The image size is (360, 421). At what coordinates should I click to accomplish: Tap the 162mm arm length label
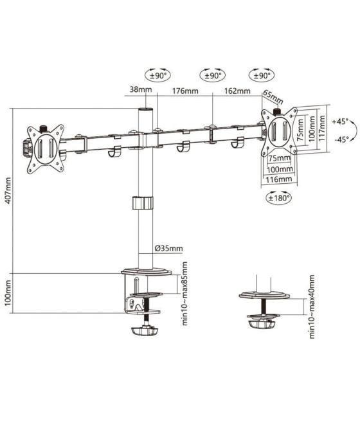pos(237,91)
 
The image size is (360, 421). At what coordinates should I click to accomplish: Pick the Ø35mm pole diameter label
pos(168,248)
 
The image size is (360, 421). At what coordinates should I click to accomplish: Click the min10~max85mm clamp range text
pos(184,294)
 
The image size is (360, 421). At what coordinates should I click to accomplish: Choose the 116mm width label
pos(278,179)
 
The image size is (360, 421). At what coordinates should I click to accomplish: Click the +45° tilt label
pos(340,121)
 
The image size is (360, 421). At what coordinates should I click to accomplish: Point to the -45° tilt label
pos(340,139)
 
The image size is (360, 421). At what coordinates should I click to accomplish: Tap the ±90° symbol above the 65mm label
pos(262,75)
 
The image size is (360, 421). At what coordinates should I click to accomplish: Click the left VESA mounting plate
pos(46,148)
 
